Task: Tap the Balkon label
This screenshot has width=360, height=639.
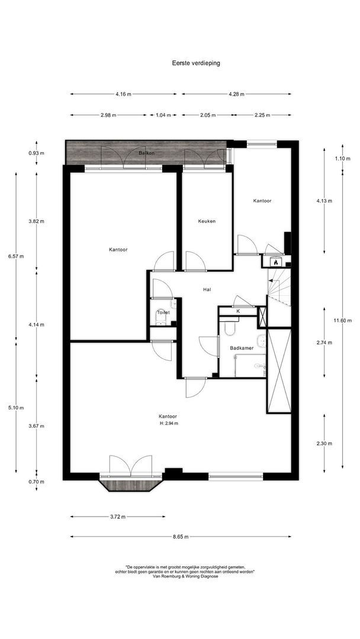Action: pyautogui.click(x=146, y=153)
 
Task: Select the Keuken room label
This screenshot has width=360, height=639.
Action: pyautogui.click(x=207, y=221)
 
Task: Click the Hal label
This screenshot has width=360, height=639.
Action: pyautogui.click(x=207, y=289)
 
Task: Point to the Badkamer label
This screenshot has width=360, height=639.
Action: pyautogui.click(x=242, y=348)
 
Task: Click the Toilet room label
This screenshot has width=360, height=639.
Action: pyautogui.click(x=163, y=312)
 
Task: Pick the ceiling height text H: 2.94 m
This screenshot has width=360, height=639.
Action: pyautogui.click(x=169, y=424)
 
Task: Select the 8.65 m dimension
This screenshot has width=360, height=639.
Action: pyautogui.click(x=180, y=537)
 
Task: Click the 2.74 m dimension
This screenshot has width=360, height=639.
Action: pyautogui.click(x=324, y=343)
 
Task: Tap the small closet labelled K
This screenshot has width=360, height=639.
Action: pyautogui.click(x=238, y=311)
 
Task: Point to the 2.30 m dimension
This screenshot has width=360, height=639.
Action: pyautogui.click(x=324, y=443)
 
